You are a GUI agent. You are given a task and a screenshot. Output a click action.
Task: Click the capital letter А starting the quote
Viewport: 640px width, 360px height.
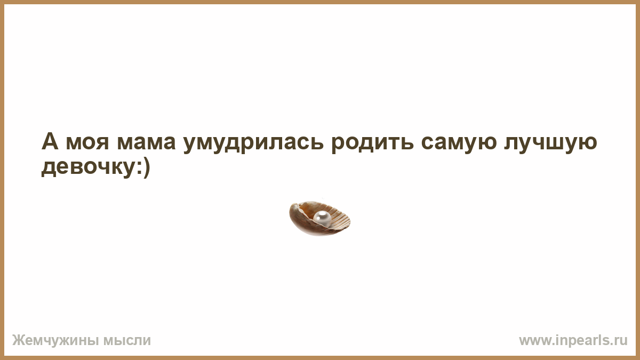tap(50, 141)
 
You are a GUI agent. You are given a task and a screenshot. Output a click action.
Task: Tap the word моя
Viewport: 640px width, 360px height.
tap(87, 143)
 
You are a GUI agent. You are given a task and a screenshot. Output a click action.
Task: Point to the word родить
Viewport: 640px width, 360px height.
tap(373, 143)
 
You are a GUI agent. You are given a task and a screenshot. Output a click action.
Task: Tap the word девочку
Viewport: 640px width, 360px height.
tap(87, 169)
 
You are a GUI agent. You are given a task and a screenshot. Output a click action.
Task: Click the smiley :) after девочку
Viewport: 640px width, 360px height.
tap(142, 169)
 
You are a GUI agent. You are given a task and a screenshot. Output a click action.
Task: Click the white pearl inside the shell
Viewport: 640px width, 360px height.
tap(322, 218)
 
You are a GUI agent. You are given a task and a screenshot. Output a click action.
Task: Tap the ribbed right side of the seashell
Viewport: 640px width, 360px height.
tap(341, 219)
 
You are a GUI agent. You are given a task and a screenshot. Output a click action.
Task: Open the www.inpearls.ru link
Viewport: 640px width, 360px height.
tap(573, 341)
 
